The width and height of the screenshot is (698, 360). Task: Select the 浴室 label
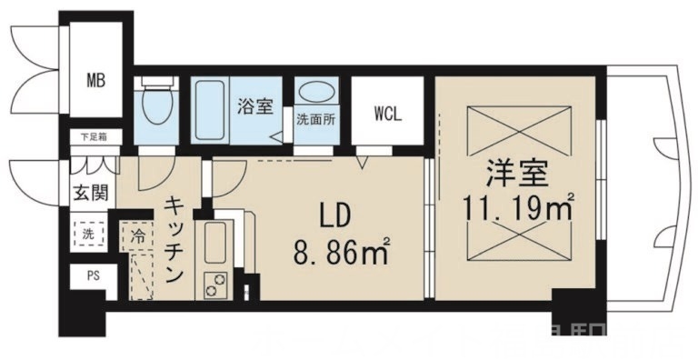(x=255, y=107)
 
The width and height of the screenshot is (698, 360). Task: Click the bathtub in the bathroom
(x=214, y=108)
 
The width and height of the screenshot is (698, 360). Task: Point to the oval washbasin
(x=315, y=94)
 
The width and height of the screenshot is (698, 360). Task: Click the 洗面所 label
(x=314, y=119)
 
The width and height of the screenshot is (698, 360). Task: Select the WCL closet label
(x=386, y=114)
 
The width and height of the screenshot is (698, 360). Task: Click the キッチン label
(x=175, y=238)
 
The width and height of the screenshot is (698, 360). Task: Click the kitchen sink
(x=214, y=242)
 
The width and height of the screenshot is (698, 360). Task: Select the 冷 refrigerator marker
(x=137, y=234)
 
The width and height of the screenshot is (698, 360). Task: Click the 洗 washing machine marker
(x=88, y=233)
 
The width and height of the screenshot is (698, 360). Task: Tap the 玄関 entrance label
(x=90, y=192)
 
